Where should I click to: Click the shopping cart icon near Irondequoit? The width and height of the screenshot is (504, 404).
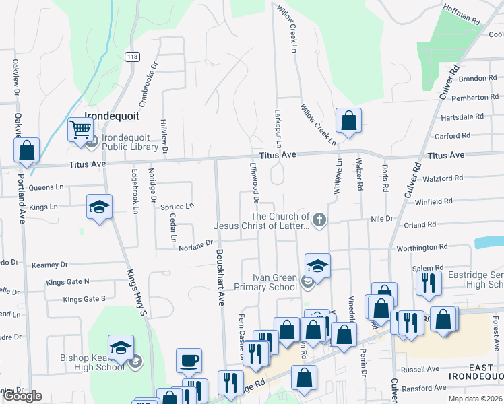(80, 128)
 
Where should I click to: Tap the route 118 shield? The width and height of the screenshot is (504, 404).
(131, 57)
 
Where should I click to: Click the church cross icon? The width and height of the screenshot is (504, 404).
(319, 220)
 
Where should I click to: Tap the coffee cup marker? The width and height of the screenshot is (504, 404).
(189, 359)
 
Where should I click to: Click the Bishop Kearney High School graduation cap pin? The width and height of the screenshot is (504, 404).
(121, 347)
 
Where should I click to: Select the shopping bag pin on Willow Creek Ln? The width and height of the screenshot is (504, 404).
(348, 121)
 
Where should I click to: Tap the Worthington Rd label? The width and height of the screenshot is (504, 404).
(422, 248)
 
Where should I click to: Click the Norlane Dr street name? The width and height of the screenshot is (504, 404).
(196, 247)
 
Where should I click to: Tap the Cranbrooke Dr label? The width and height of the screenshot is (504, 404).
(147, 85)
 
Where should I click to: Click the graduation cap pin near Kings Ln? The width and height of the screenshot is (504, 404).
(99, 206)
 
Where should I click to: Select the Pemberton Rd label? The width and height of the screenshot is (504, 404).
(474, 98)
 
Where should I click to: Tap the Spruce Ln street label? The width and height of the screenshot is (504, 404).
(177, 206)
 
